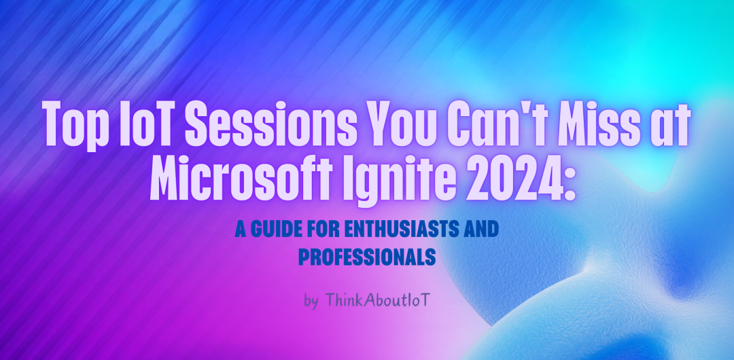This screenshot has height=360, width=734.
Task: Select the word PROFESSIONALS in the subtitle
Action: click(367, 257)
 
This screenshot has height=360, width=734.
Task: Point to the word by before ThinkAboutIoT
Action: click(311, 302)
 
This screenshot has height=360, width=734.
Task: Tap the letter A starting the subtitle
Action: click(241, 231)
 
